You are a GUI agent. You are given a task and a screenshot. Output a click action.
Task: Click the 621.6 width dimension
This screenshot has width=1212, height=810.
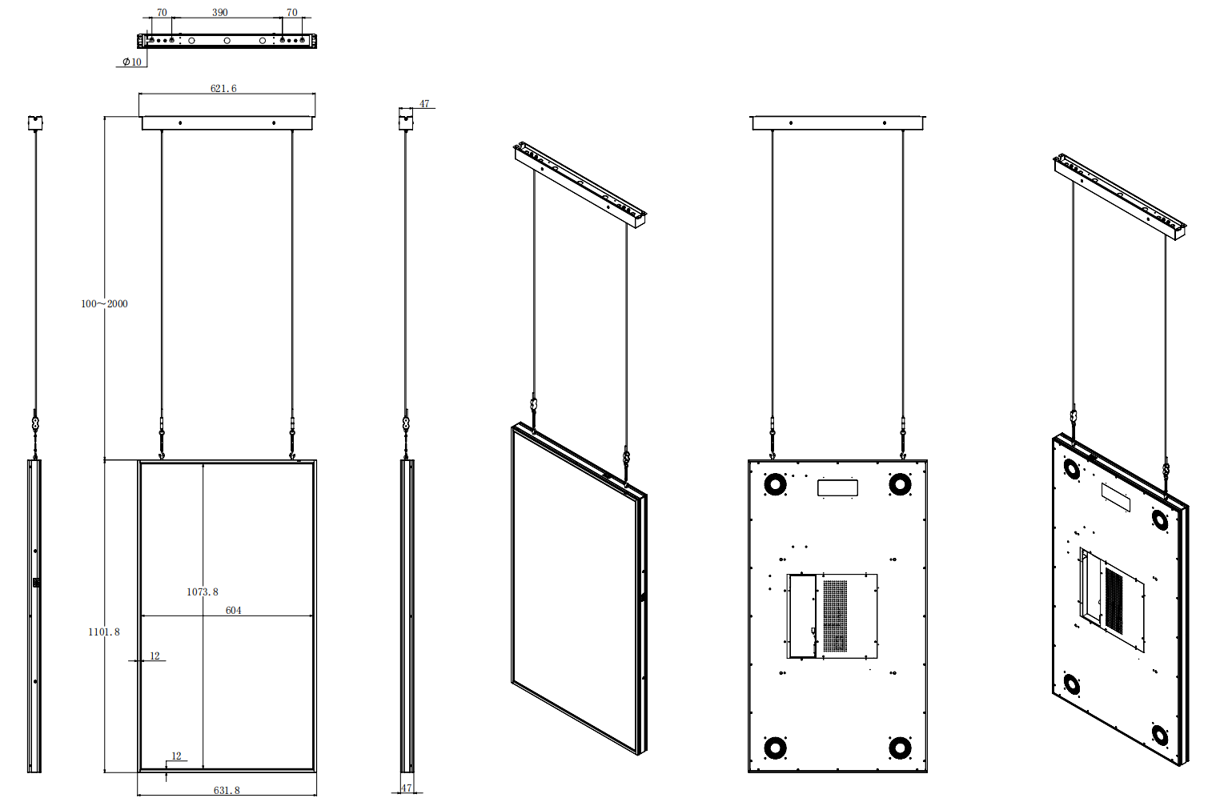(223, 88)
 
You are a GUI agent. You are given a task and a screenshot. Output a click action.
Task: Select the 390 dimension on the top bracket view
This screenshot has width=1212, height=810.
(219, 13)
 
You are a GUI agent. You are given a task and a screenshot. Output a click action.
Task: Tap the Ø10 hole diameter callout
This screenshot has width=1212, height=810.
(132, 62)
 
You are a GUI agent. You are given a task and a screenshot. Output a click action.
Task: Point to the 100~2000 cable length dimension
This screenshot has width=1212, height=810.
(104, 303)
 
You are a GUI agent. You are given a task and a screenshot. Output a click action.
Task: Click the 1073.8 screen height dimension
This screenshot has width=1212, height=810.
(203, 592)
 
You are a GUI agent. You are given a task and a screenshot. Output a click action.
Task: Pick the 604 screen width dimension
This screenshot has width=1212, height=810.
(233, 611)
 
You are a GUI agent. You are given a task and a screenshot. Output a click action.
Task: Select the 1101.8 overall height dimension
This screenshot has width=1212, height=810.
(104, 632)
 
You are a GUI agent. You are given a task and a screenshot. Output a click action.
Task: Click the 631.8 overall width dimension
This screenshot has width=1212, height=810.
(227, 790)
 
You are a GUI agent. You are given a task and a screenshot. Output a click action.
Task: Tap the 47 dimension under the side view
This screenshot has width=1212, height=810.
(407, 788)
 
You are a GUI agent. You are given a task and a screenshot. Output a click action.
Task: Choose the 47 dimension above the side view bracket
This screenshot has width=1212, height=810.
(424, 103)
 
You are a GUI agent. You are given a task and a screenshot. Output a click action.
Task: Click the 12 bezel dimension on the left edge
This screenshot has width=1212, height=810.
(155, 656)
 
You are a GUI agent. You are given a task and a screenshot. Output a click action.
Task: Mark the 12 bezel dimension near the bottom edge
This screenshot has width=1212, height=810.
(176, 756)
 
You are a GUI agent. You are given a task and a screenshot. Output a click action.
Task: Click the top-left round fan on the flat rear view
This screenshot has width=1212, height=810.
(775, 484)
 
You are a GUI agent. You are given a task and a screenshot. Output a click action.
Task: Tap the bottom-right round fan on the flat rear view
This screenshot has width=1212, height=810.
(900, 748)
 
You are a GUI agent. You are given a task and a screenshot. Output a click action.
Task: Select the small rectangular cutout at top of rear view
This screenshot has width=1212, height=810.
(837, 487)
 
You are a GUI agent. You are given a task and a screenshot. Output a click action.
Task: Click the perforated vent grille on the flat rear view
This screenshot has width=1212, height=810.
(835, 616)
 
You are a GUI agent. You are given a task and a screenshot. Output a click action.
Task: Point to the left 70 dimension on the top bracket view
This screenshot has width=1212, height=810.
(162, 13)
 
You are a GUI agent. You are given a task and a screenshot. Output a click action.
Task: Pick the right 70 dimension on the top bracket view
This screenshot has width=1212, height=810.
(291, 13)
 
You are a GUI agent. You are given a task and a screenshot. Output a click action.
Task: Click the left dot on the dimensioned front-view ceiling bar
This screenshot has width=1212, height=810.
(180, 122)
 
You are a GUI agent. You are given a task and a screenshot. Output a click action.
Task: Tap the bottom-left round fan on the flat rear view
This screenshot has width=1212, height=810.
(775, 748)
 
